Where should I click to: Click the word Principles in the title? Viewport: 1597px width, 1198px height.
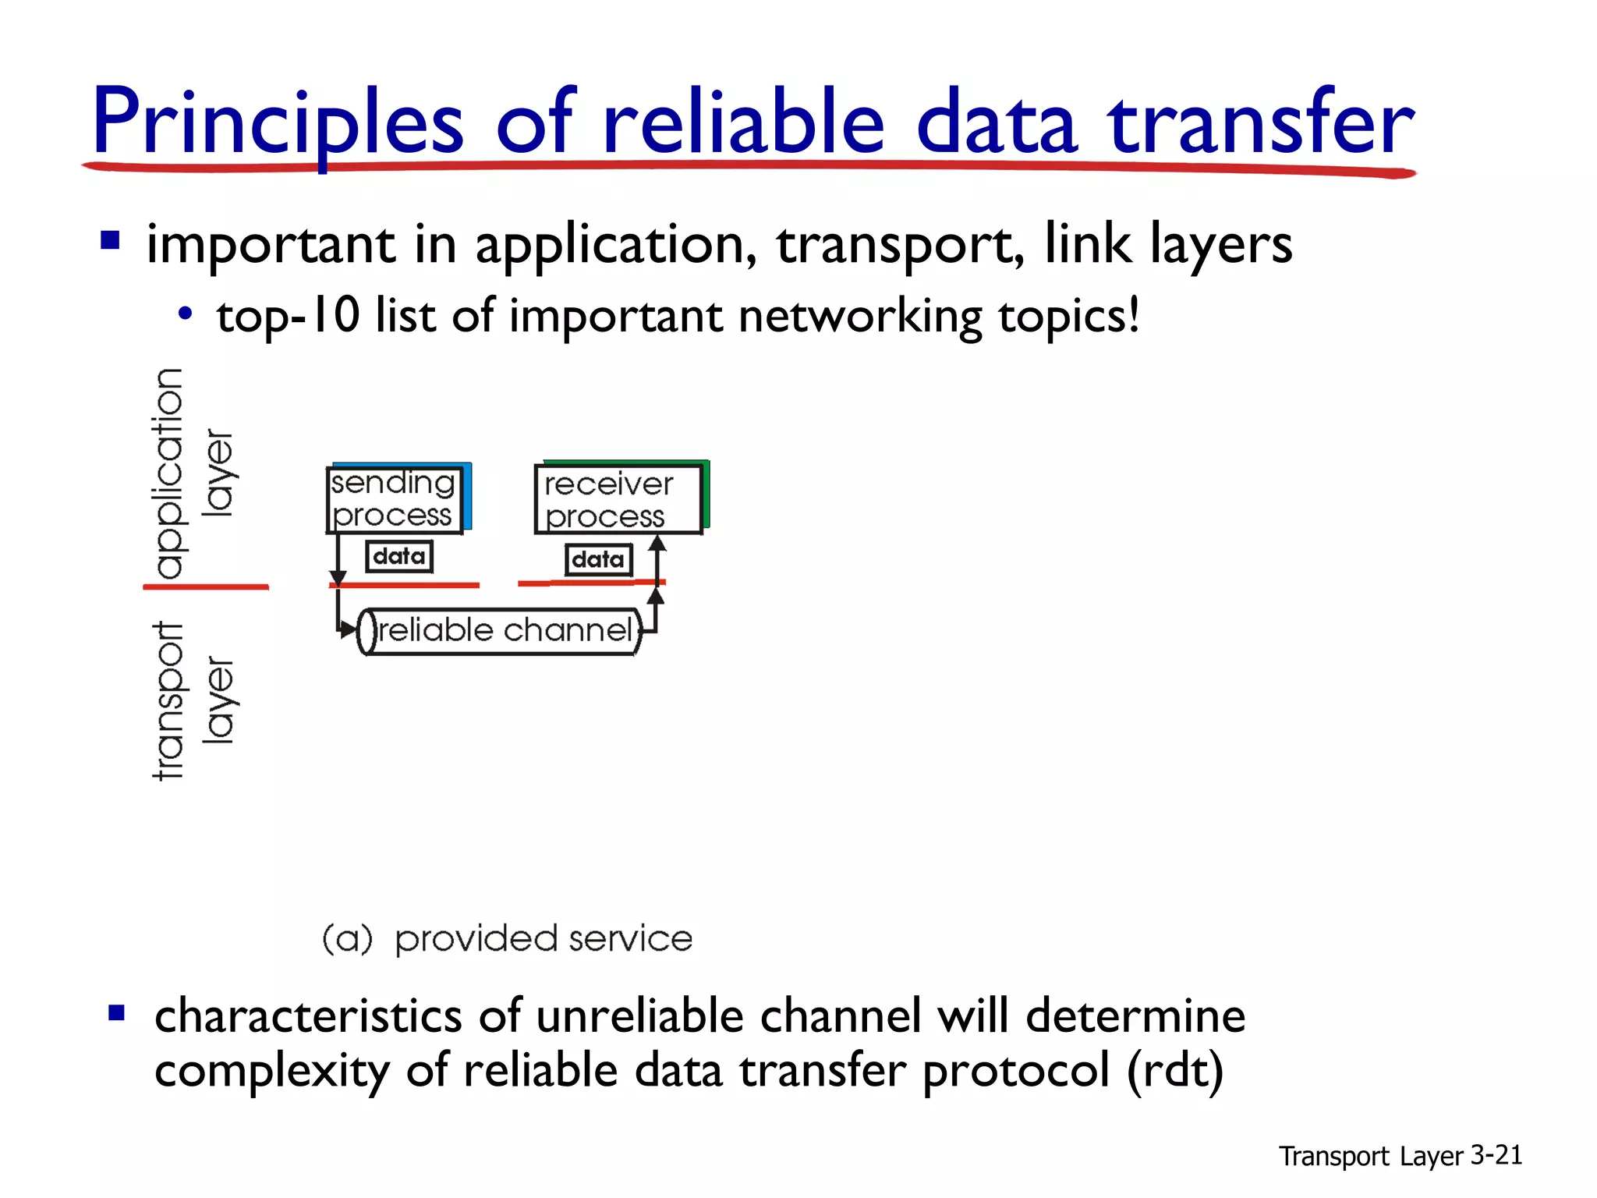[277, 123]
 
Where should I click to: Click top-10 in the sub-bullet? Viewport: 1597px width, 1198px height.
[288, 316]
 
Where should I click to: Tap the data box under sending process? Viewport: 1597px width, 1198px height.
[398, 557]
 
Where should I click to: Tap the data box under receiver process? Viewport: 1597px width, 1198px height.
[598, 559]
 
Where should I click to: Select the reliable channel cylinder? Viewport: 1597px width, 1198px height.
[500, 631]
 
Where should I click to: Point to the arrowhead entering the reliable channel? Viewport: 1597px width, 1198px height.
[349, 629]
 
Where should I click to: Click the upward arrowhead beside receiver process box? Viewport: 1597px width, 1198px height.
[657, 544]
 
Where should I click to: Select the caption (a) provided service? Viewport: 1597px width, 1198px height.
[507, 938]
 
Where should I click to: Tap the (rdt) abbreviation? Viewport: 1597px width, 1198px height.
[1175, 1071]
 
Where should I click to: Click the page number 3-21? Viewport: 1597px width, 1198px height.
[1496, 1155]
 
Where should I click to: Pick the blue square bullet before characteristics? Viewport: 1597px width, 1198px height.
[117, 1013]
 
